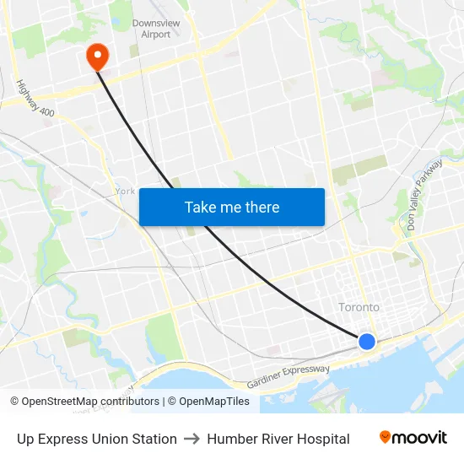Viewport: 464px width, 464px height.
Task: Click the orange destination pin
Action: click(x=98, y=56)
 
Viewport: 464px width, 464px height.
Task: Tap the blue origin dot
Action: click(x=366, y=341)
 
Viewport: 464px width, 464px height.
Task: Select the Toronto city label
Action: click(x=359, y=307)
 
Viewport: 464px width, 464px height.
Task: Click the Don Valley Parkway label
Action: click(x=424, y=197)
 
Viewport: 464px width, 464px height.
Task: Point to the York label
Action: click(x=125, y=191)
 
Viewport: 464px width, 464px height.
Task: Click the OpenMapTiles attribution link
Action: click(x=214, y=402)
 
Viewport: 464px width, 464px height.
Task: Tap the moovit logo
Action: click(x=413, y=438)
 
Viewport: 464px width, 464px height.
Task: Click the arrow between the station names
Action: click(x=192, y=439)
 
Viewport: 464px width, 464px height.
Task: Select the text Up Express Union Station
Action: click(x=97, y=439)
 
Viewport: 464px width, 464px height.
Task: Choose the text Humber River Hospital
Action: click(x=278, y=439)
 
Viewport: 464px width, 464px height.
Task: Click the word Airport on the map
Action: click(x=156, y=35)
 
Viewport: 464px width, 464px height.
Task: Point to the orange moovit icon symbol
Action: click(x=386, y=437)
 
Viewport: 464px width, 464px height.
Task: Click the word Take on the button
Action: click(x=200, y=207)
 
